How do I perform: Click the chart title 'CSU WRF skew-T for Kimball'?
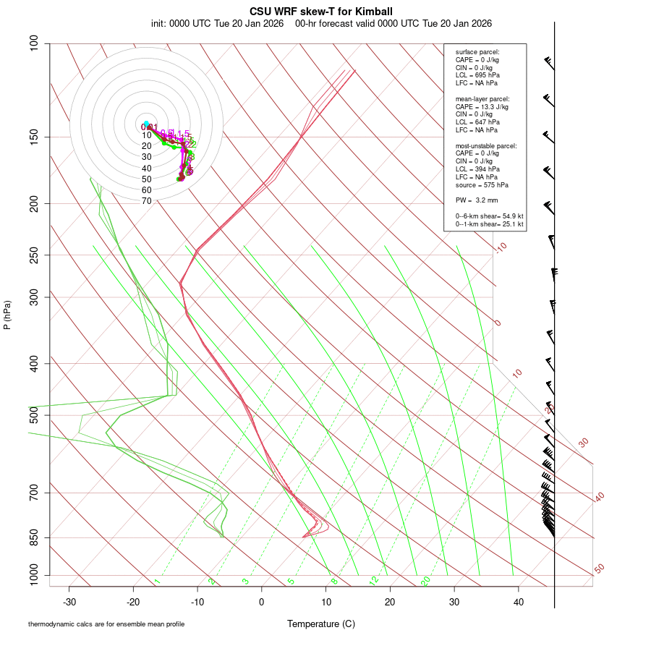321,12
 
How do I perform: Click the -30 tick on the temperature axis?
69,602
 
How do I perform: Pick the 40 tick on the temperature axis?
519,602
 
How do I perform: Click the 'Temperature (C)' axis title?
321,624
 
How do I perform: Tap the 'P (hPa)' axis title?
7,315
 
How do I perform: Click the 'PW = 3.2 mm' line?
477,200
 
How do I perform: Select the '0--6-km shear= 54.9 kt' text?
489,216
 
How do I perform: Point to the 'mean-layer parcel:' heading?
482,98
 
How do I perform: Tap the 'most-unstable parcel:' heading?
486,145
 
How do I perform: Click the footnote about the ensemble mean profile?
106,624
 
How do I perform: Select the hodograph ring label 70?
147,201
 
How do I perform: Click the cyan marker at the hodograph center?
146,124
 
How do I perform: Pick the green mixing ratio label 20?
425,581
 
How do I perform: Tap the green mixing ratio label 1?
156,582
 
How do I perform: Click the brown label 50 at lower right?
599,569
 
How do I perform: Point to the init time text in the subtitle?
217,23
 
